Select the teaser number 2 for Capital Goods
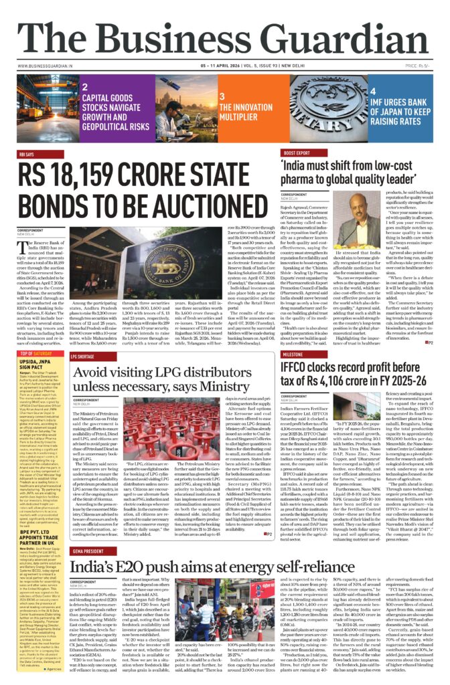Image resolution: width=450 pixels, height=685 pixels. click(85, 87)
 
